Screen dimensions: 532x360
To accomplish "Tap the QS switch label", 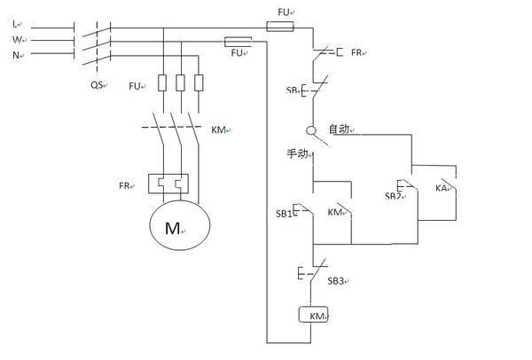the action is coord(97,84).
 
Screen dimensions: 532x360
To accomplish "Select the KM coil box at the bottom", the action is coord(313,314).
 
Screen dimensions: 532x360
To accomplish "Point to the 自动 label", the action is coord(339,129).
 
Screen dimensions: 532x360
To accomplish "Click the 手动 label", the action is coord(297,153).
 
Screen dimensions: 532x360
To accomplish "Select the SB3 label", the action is coord(336,281).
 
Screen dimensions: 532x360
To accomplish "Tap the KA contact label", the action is coord(441,188).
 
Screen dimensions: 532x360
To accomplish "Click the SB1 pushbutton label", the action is coord(284,214).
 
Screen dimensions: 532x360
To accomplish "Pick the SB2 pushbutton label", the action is coord(393,196).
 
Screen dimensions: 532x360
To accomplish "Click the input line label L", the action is coord(14,24).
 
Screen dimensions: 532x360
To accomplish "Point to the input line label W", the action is coord(17,40).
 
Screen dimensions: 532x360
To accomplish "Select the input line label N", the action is coord(16,55).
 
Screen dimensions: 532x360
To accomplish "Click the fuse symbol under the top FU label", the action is coord(280,27).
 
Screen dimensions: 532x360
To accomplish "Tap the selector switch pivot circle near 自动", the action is coord(311,130).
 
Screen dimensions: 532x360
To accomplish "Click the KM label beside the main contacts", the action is coord(218,129).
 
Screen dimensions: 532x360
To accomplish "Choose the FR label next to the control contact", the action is coord(356,52).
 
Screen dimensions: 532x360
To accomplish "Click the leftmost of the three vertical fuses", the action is coord(162,82).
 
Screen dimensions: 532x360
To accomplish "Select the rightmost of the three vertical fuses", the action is coord(199,82).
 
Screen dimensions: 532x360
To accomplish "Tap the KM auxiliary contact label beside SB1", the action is coord(334,212).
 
